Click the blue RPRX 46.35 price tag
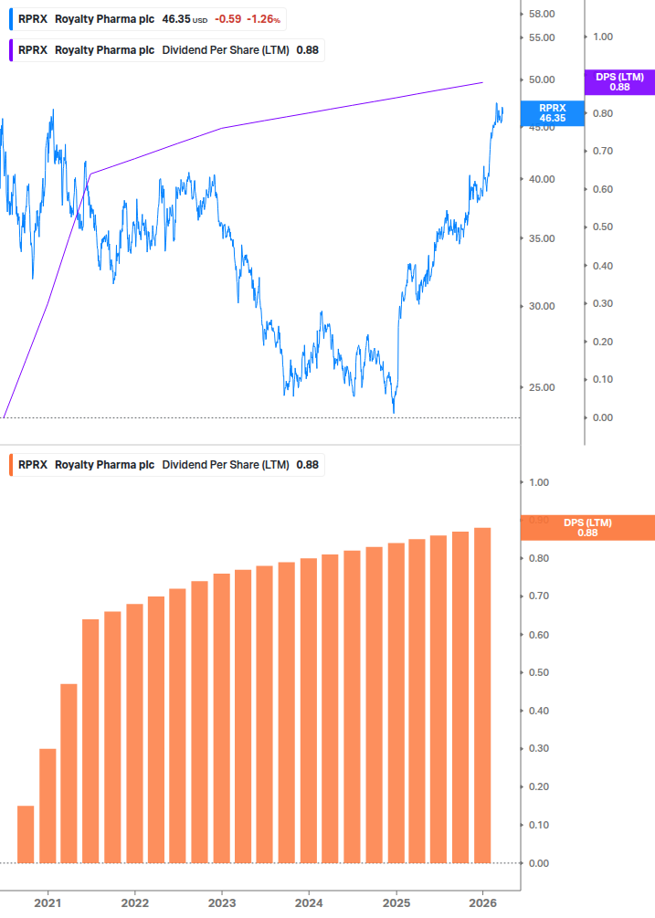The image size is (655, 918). pos(552,112)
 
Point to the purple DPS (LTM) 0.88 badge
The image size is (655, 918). pos(619,82)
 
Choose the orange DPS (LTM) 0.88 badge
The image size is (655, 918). pos(586,528)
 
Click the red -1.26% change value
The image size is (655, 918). pos(263,19)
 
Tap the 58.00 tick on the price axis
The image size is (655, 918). pos(543,14)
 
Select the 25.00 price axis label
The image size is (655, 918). pos(543,387)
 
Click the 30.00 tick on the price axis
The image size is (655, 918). pos(543,306)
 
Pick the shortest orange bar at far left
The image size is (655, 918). pos(26,834)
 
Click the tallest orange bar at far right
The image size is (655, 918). pos(482,695)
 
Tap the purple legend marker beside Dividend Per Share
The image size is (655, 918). pos(11,50)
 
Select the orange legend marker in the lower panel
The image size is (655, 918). pos(11,465)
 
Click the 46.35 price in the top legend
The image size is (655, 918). pos(175,19)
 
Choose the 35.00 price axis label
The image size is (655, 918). pos(543,238)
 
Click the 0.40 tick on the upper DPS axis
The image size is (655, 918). pos(602,266)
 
